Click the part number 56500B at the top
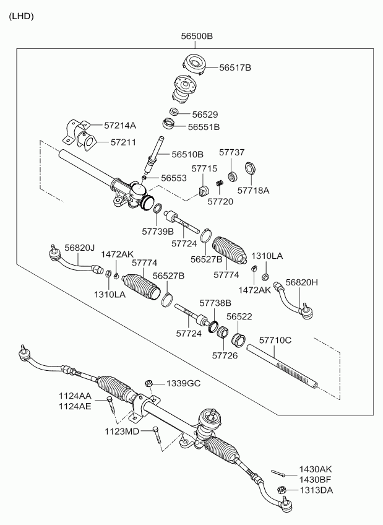[197, 37]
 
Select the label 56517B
[235, 67]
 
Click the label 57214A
[119, 126]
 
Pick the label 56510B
[187, 154]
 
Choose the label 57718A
[254, 191]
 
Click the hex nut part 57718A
[251, 168]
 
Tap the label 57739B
[158, 232]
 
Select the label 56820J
[79, 248]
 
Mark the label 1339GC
[183, 384]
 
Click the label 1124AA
[75, 396]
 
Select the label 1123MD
[123, 431]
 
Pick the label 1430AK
[316, 470]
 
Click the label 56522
[239, 316]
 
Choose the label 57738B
[215, 303]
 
